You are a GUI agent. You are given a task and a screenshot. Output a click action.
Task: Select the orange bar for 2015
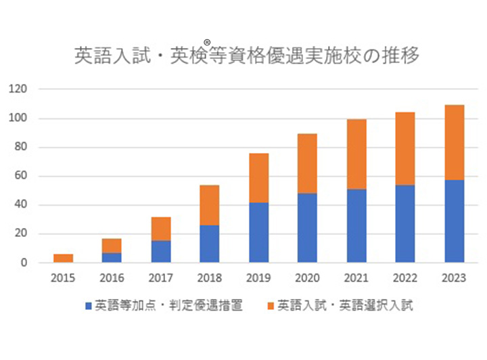click(x=63, y=258)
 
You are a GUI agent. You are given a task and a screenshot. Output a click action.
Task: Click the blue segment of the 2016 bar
click(x=112, y=257)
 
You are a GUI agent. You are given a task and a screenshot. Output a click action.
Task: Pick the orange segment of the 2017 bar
click(x=161, y=229)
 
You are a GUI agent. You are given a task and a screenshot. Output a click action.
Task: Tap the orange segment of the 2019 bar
click(x=259, y=178)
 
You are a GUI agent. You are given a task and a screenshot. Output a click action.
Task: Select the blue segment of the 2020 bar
click(x=308, y=228)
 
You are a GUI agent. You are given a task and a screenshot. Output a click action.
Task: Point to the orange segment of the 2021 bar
click(x=356, y=154)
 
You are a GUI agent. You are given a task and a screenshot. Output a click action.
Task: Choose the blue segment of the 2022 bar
click(x=405, y=223)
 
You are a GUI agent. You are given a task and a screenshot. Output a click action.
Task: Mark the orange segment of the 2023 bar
click(x=455, y=142)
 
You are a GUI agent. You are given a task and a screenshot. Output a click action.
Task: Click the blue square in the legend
click(x=89, y=306)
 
